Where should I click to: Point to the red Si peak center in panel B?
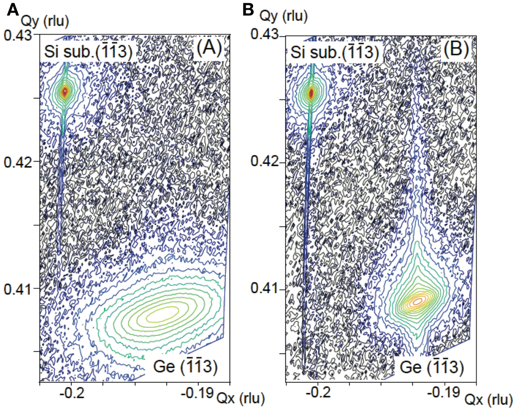tap(311, 93)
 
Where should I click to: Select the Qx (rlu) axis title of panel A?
tap(240, 398)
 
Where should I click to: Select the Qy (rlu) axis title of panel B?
tap(283, 16)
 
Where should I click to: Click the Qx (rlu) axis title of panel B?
tap(488, 400)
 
